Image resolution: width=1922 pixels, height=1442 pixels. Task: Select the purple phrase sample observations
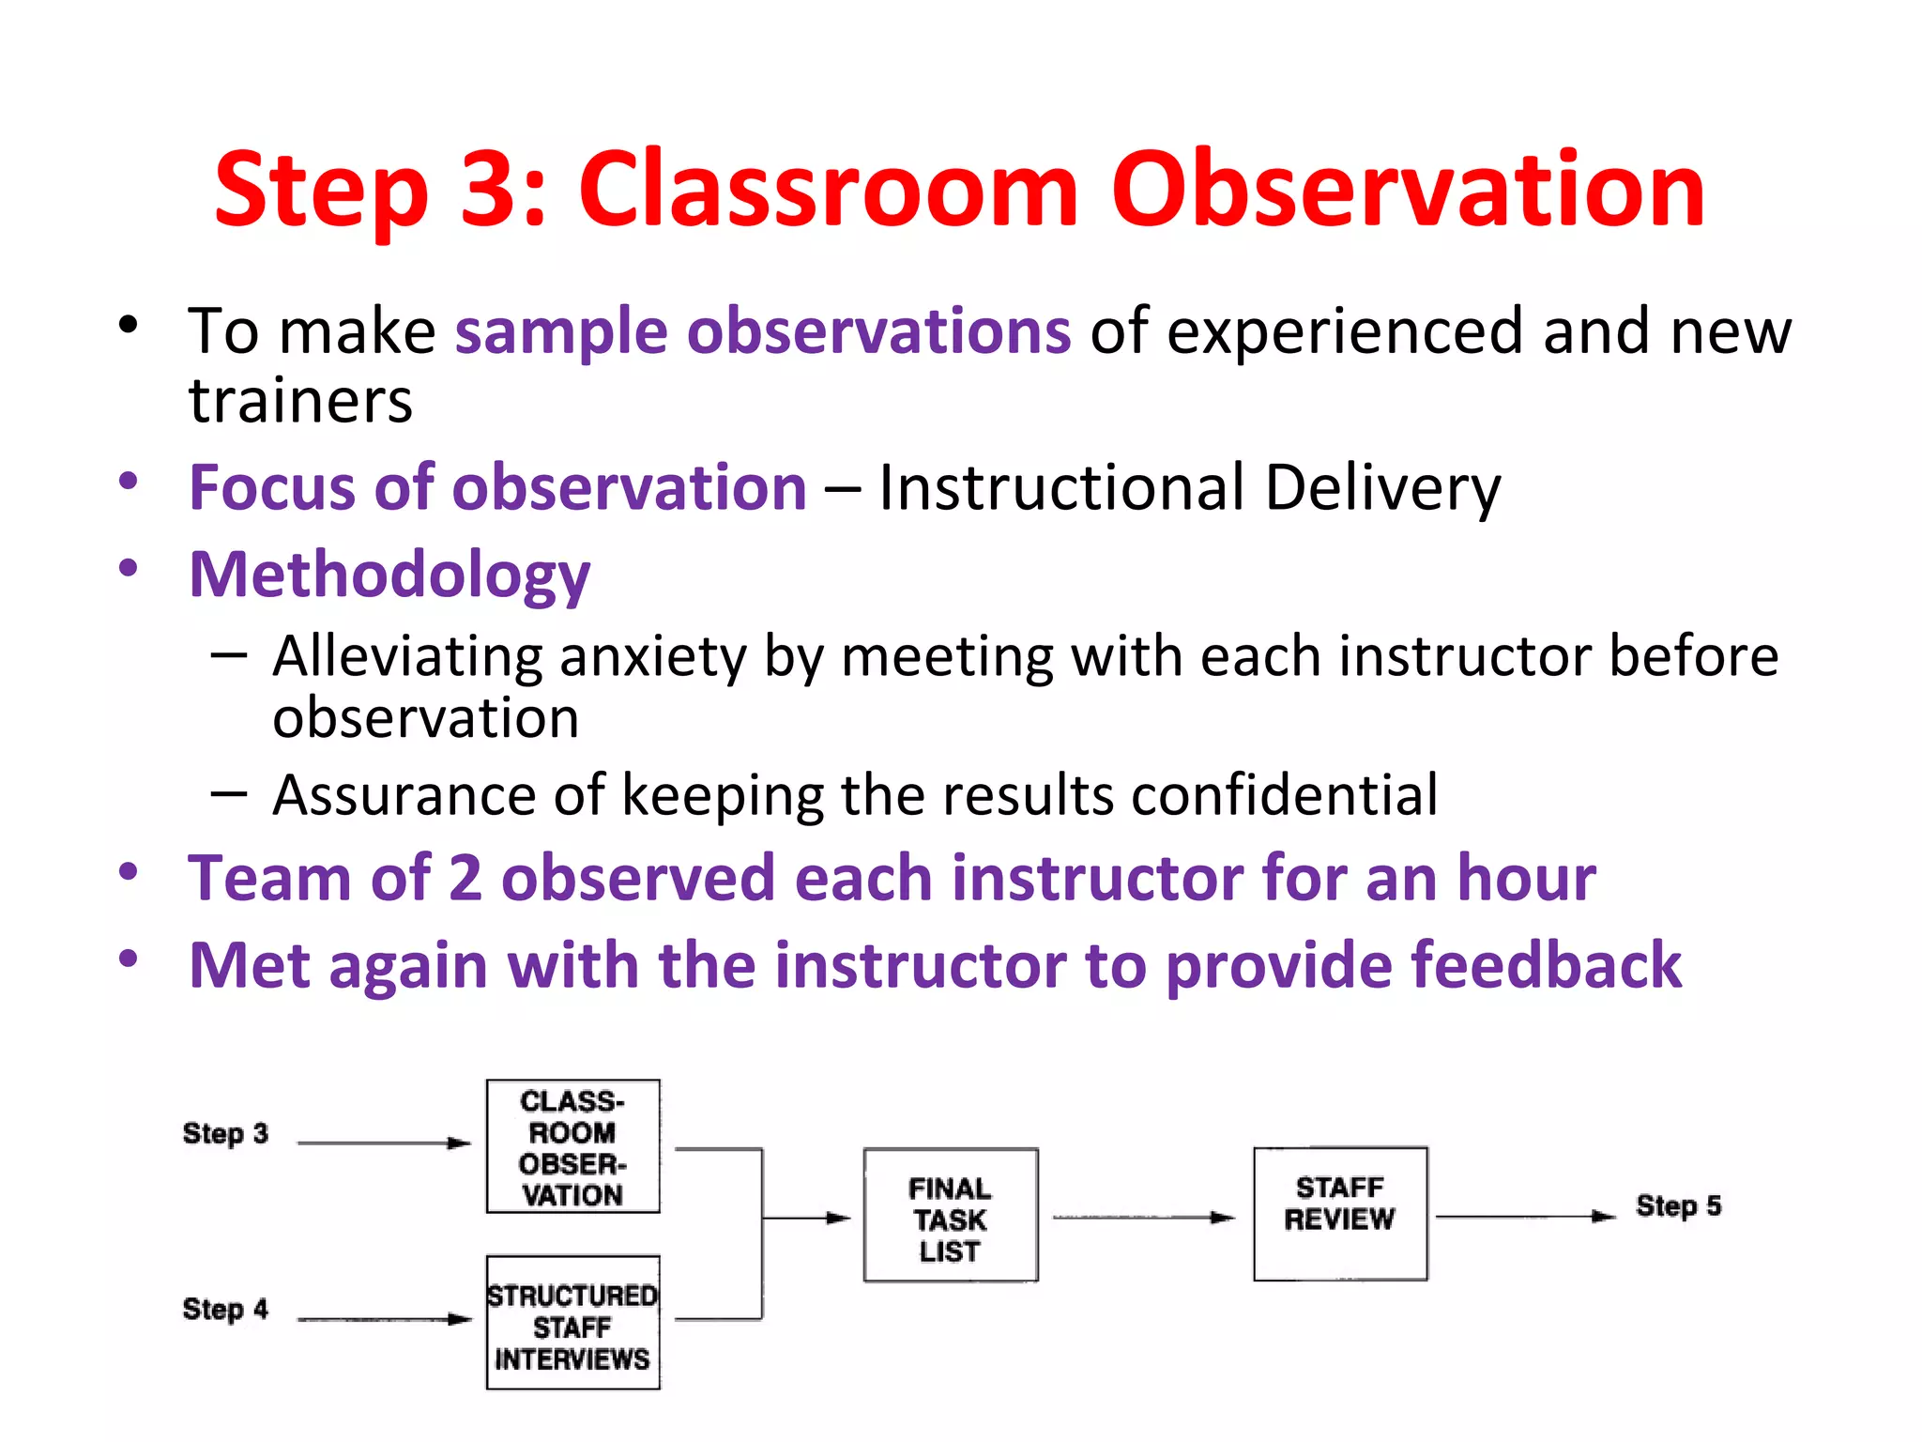point(762,331)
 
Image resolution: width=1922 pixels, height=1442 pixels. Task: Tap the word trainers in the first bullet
point(300,402)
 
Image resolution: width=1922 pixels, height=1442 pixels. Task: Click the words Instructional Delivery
point(1189,488)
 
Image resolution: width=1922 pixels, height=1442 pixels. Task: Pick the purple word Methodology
point(389,575)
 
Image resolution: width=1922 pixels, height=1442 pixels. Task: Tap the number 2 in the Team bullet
point(465,879)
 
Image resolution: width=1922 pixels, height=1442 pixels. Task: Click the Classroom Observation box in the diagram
point(572,1146)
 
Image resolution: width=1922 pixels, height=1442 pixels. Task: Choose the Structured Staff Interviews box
point(572,1323)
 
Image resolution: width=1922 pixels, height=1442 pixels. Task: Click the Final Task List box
point(950,1216)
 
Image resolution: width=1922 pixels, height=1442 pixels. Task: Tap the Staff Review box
point(1339,1213)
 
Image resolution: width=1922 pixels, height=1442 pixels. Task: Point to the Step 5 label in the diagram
point(1678,1206)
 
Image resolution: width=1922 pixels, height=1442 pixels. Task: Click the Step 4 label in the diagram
point(225,1310)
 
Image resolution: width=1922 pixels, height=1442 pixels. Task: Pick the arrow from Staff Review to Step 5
point(1524,1217)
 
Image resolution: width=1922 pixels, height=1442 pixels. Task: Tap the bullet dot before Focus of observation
point(129,483)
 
